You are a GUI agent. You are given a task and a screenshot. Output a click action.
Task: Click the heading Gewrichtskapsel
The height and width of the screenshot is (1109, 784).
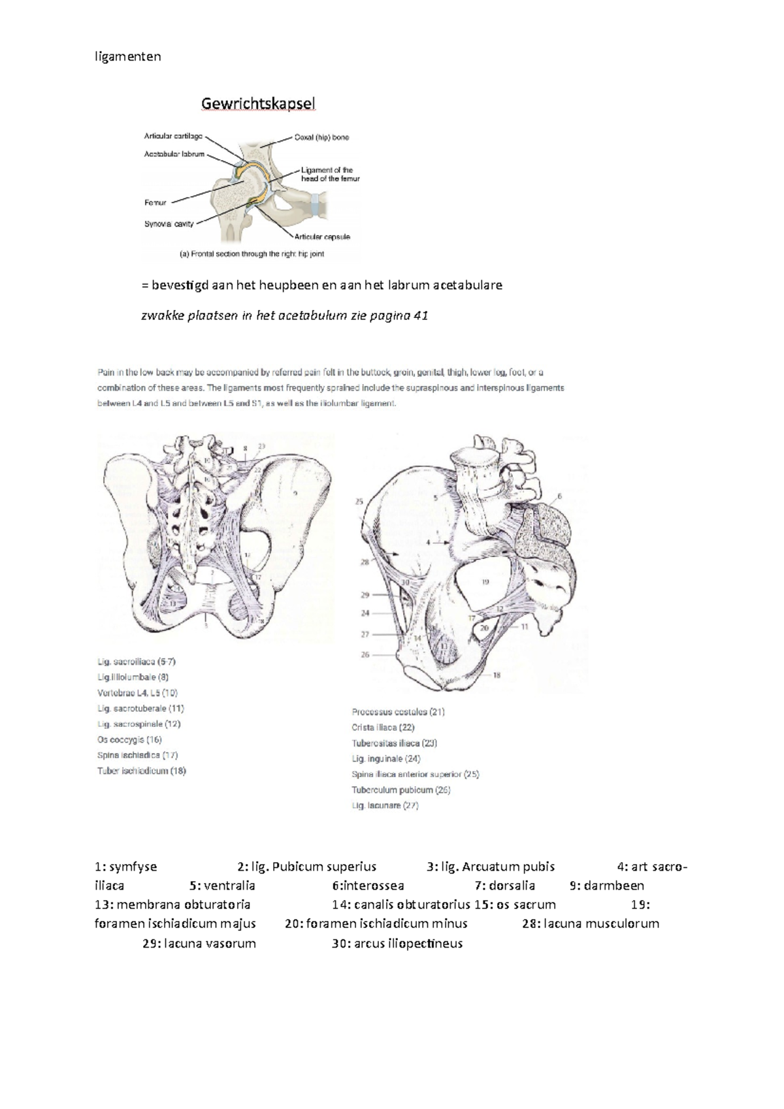tap(258, 104)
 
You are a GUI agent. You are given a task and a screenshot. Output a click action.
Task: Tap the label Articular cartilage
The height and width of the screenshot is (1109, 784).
tap(173, 137)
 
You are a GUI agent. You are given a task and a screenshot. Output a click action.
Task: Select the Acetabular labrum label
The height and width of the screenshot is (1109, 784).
tap(174, 155)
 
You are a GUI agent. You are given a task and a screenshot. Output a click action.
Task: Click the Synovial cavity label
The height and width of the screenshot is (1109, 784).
tap(169, 224)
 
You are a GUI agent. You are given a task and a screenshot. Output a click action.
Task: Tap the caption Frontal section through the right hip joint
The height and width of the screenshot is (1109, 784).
tap(252, 254)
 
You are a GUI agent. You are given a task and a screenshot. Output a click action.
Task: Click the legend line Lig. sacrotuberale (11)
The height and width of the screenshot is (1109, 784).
tap(140, 708)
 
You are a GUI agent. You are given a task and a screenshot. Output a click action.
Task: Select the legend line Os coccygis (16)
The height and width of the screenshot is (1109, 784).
tap(129, 739)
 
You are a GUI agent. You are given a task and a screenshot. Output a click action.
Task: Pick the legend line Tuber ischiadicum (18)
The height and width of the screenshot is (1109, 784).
tap(142, 771)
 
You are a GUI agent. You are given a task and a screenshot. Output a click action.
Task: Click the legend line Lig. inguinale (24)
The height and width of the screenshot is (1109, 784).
tap(386, 758)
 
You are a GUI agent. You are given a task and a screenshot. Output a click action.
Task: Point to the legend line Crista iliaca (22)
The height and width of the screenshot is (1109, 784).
tap(383, 727)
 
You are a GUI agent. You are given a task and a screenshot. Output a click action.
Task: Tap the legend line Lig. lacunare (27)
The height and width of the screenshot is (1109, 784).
tap(385, 805)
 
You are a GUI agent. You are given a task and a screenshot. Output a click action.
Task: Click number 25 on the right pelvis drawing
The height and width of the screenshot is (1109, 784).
tap(359, 502)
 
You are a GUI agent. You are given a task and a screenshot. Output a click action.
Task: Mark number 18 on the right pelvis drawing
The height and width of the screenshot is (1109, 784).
tap(497, 675)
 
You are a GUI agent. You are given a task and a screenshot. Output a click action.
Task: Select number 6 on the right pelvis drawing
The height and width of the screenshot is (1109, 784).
tap(559, 496)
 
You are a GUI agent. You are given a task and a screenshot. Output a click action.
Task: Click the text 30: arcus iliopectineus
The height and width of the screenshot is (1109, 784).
tap(397, 943)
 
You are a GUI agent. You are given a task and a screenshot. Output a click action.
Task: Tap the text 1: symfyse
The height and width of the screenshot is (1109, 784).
tap(126, 867)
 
